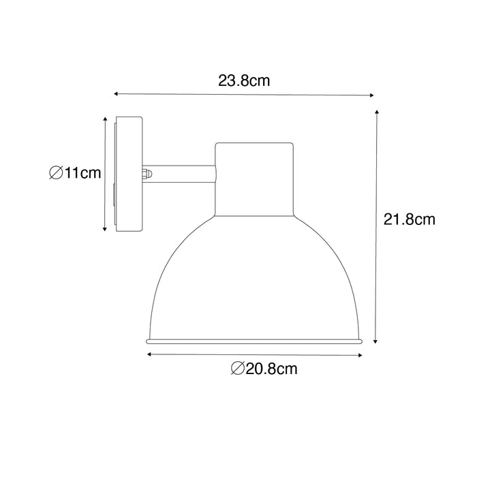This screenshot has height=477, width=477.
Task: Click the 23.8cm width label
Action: (244, 81)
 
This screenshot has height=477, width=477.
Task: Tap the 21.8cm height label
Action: (409, 219)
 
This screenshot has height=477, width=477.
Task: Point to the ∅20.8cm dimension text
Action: (264, 369)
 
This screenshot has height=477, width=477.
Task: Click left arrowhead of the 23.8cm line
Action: (116, 92)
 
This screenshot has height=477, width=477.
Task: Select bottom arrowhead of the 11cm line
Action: (104, 230)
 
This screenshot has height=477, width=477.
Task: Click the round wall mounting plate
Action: (129, 175)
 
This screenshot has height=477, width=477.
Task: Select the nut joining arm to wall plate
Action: (147, 174)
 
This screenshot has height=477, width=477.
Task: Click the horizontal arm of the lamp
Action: (183, 174)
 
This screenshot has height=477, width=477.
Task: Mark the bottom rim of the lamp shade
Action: (255, 339)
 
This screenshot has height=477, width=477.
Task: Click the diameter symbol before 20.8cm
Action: (236, 369)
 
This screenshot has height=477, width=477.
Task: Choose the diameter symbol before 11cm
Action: (56, 173)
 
